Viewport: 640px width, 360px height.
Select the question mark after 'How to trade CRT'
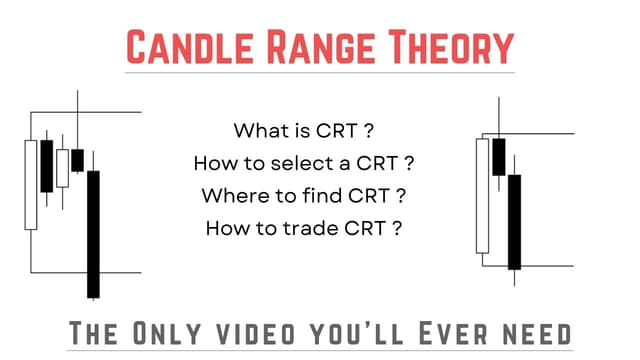398,227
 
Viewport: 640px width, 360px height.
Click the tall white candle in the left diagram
31,185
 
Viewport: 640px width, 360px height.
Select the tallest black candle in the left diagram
93,233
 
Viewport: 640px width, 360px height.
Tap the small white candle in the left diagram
62,168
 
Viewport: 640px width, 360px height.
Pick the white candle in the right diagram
483,195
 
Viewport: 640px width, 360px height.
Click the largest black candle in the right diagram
514,221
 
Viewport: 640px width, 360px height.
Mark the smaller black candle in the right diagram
498,156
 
